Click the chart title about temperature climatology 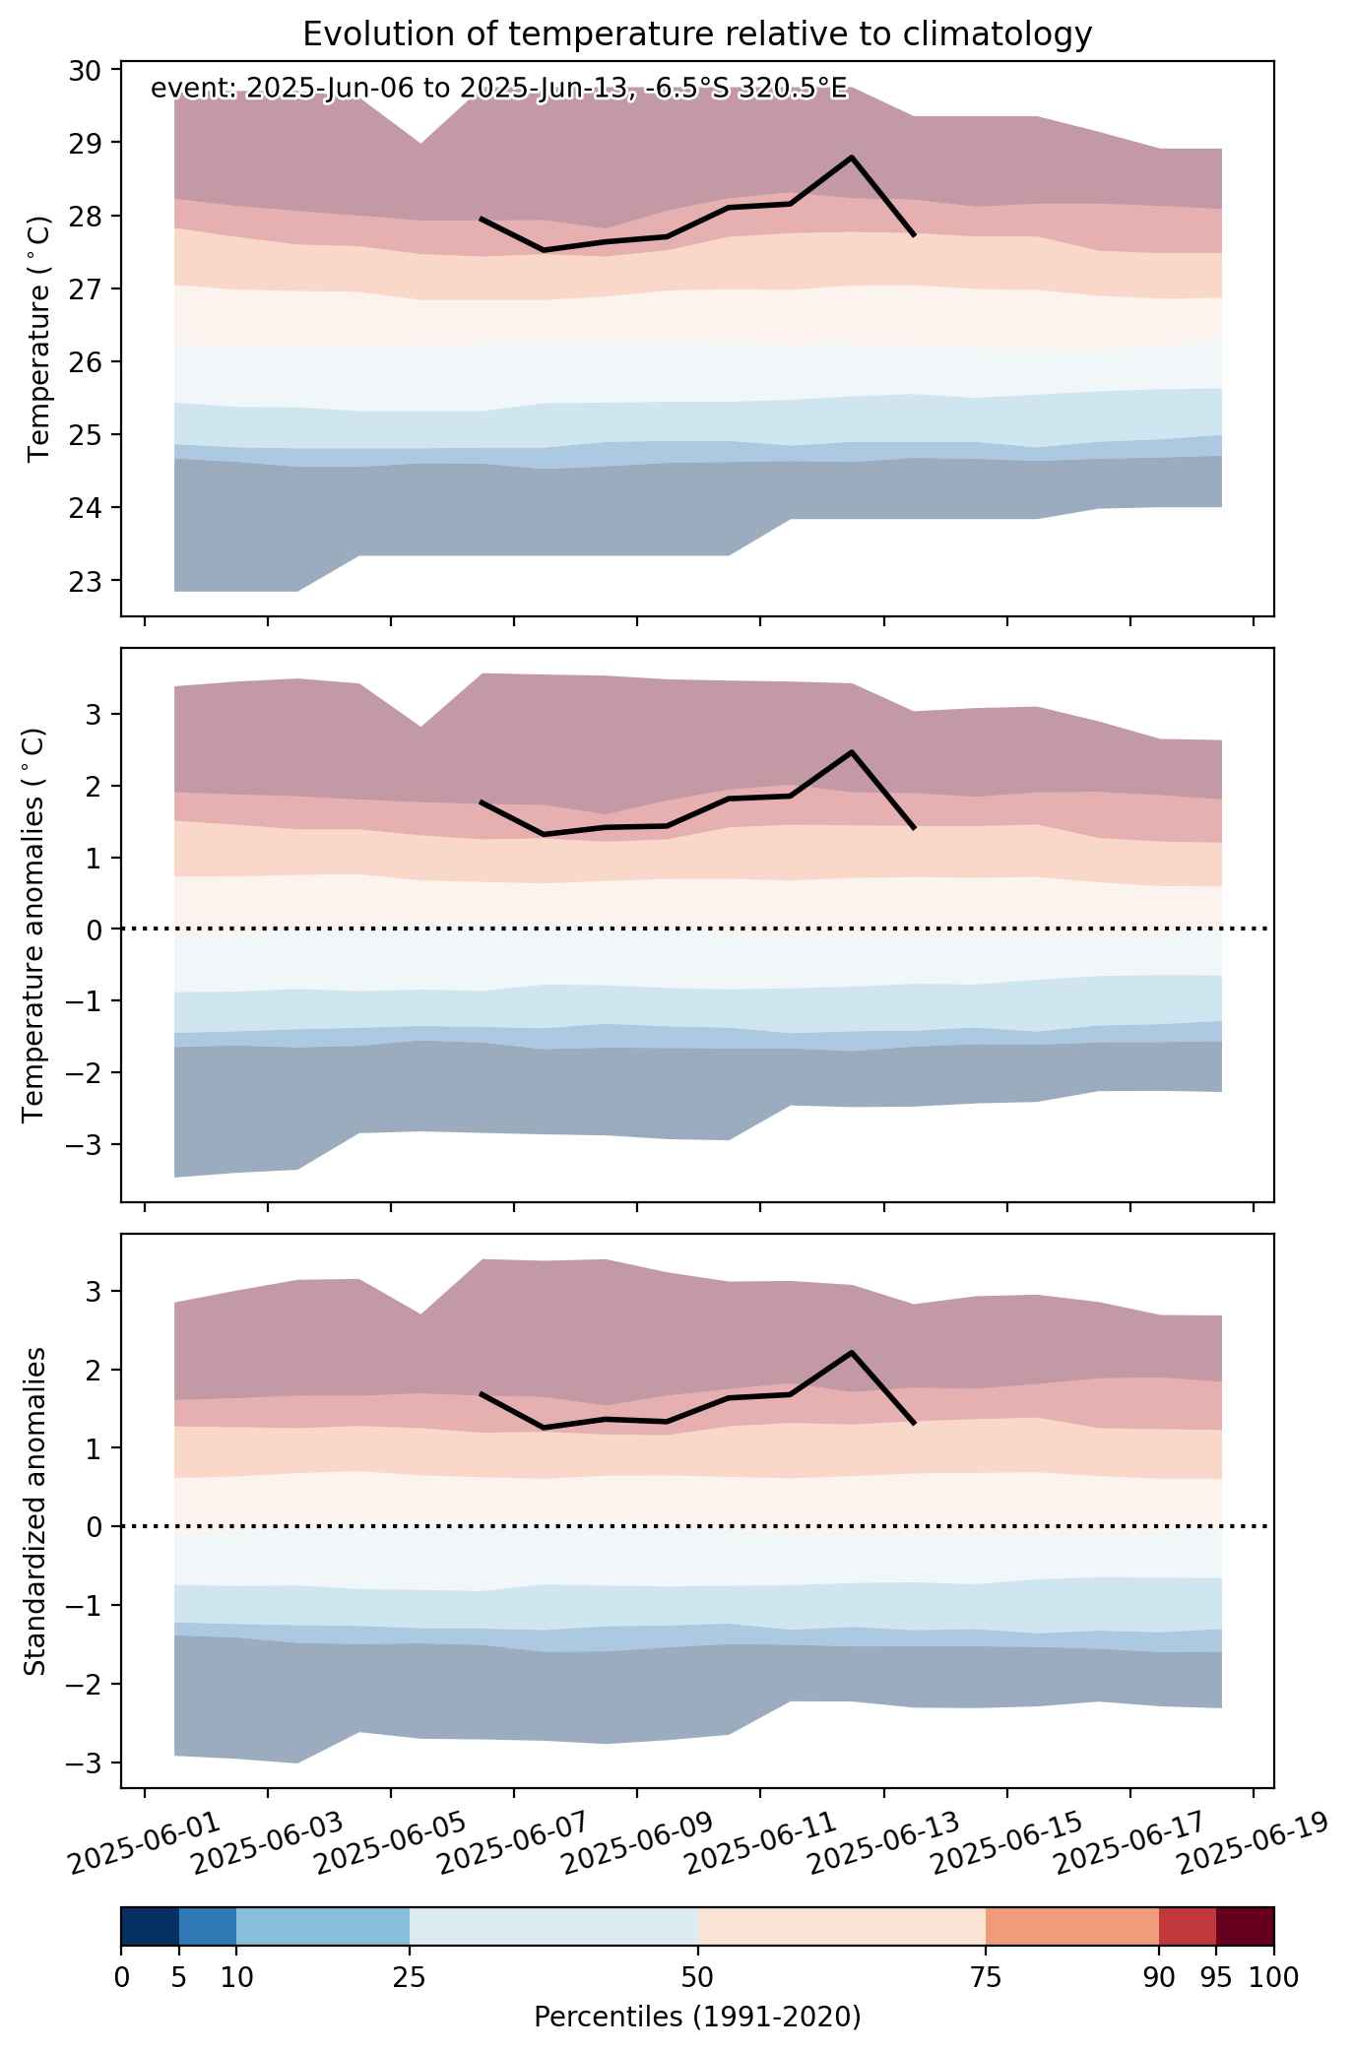pos(697,34)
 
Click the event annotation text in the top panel pos(498,89)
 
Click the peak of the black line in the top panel pos(851,157)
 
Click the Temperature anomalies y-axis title pos(34,925)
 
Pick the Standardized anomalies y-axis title pos(34,1510)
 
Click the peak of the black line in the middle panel pos(851,751)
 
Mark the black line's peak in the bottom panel pos(851,1351)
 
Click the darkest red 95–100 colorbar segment pos(1245,1927)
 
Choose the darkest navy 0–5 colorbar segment pos(150,1927)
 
